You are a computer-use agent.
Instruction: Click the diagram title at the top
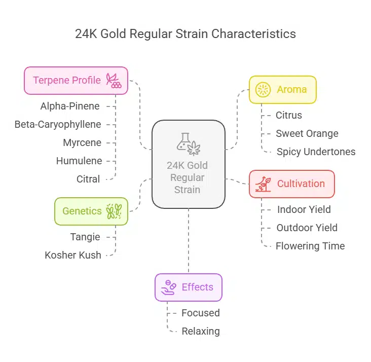tap(185, 34)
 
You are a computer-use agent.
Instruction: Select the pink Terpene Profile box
tap(76, 80)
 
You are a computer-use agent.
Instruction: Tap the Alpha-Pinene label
tap(70, 106)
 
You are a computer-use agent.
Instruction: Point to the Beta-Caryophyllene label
tap(58, 124)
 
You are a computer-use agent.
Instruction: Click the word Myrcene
tap(82, 142)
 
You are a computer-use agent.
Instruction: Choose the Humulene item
tap(79, 161)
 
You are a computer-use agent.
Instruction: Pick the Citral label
tap(88, 179)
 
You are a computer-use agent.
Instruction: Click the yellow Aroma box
tap(282, 90)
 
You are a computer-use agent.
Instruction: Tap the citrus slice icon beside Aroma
tap(263, 90)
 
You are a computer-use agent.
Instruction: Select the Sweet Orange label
tap(307, 133)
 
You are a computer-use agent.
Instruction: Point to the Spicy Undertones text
tap(316, 152)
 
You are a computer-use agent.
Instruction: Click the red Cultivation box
tap(292, 184)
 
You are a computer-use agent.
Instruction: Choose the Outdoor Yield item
tap(307, 228)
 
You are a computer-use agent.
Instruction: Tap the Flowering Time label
tap(310, 246)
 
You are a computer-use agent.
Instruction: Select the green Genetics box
tap(91, 211)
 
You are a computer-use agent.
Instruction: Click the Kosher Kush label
tap(73, 255)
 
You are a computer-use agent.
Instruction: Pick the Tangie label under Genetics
tap(85, 237)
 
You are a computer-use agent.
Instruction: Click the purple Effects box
tap(189, 287)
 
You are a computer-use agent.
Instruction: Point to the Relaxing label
tap(201, 331)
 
